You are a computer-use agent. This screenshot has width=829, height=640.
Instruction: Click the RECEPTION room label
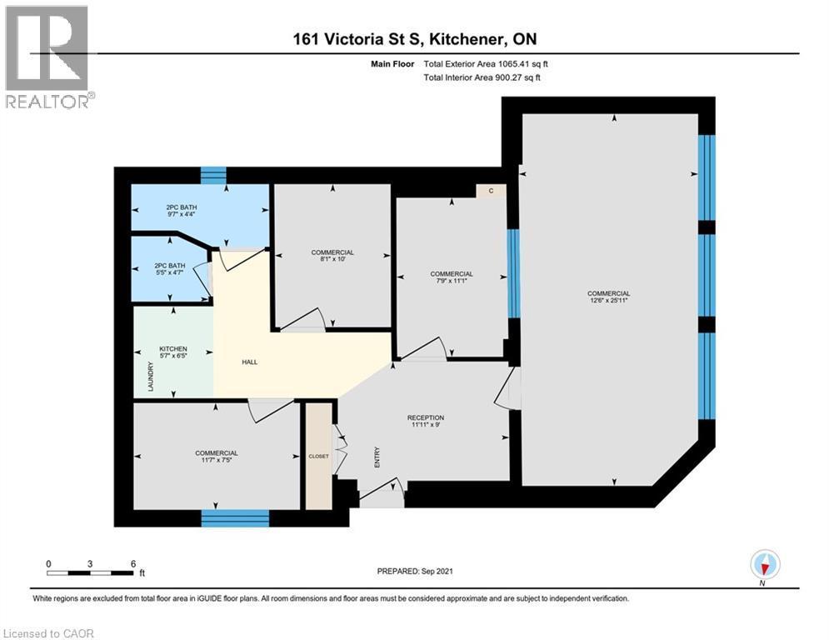pos(425,417)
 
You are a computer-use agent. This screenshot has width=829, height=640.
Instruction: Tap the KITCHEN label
pos(173,349)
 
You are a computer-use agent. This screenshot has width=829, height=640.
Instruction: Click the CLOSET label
pos(318,456)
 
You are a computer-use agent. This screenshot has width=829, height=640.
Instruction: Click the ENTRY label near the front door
pos(377,457)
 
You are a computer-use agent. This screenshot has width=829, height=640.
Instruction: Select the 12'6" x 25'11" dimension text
pos(608,302)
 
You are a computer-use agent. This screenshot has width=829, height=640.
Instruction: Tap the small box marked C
pos(492,191)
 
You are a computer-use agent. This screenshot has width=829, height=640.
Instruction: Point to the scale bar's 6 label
pos(133,562)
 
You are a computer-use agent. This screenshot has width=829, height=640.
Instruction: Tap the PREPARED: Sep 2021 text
pos(414,571)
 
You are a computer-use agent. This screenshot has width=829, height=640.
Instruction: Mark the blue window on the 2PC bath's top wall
pos(214,175)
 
